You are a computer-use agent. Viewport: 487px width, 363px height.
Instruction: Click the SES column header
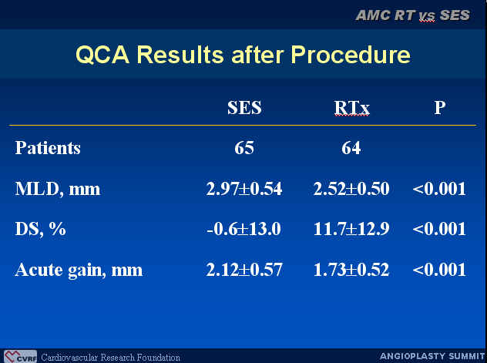(x=244, y=108)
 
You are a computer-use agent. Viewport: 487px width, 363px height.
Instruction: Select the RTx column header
(x=352, y=108)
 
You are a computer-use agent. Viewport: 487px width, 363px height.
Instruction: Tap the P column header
(x=440, y=108)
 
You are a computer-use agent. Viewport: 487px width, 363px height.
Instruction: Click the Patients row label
(x=48, y=147)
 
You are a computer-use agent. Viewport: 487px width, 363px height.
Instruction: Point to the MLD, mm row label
(x=58, y=189)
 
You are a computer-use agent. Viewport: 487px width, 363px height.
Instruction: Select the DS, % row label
(x=40, y=229)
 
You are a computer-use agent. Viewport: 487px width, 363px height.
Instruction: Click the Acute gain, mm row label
(x=79, y=270)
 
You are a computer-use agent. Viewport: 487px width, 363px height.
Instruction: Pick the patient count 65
(x=244, y=148)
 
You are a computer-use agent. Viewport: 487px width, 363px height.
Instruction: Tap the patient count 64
(x=351, y=148)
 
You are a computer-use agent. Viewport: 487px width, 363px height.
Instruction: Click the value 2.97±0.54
(x=244, y=189)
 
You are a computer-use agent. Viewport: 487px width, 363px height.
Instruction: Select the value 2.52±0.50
(x=351, y=189)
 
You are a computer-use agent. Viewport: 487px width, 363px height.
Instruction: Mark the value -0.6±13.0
(x=243, y=229)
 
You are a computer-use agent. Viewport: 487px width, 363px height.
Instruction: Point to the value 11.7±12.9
(x=351, y=229)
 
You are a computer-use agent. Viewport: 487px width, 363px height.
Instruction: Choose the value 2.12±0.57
(x=244, y=270)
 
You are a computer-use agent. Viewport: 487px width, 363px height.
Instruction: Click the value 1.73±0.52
(x=351, y=270)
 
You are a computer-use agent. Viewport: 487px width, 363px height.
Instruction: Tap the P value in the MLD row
(x=439, y=189)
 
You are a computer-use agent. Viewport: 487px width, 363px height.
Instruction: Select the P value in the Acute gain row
(x=439, y=270)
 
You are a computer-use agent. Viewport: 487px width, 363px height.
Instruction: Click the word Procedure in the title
(x=351, y=55)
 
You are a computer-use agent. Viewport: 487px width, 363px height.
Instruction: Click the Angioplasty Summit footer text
(x=432, y=356)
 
